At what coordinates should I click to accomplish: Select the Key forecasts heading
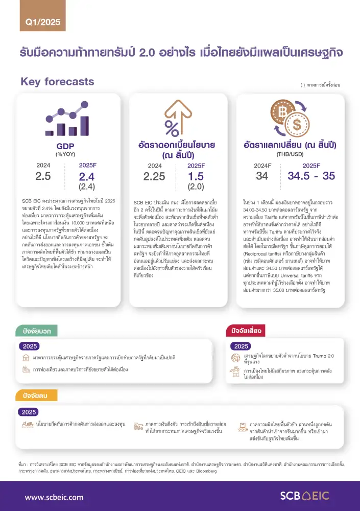pyautogui.click(x=57, y=82)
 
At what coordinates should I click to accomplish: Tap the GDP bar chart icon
pyautogui.click(x=65, y=119)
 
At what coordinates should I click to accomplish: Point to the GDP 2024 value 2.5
pyautogui.click(x=43, y=176)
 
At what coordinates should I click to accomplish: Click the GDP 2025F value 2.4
pyautogui.click(x=87, y=177)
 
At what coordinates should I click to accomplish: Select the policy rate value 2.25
pyautogui.click(x=154, y=176)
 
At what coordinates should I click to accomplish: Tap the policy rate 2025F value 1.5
pyautogui.click(x=196, y=176)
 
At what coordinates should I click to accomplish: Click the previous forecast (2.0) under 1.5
pyautogui.click(x=196, y=187)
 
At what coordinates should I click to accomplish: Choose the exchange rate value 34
pyautogui.click(x=262, y=176)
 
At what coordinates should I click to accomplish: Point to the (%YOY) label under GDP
pyautogui.click(x=65, y=154)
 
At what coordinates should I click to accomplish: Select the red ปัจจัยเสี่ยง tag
pyautogui.click(x=248, y=331)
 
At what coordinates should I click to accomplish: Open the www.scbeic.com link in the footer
pyautogui.click(x=54, y=497)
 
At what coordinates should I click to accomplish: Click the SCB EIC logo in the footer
pyautogui.click(x=305, y=496)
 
